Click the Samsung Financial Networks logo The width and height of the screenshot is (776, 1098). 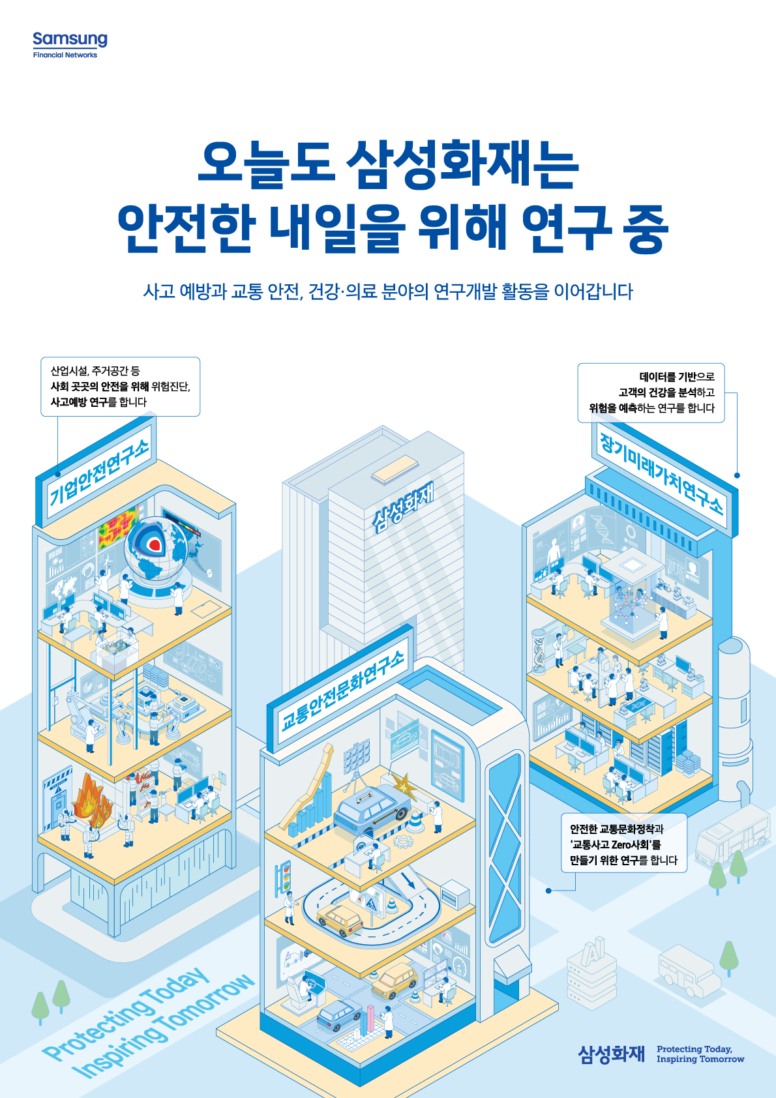point(70,45)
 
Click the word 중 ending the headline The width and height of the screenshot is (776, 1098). point(645,229)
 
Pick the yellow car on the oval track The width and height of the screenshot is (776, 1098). point(339,918)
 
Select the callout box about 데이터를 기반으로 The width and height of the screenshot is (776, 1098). point(651,393)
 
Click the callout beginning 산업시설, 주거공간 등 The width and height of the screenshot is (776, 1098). point(120,387)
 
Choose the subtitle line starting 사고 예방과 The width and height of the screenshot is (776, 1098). point(388,291)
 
